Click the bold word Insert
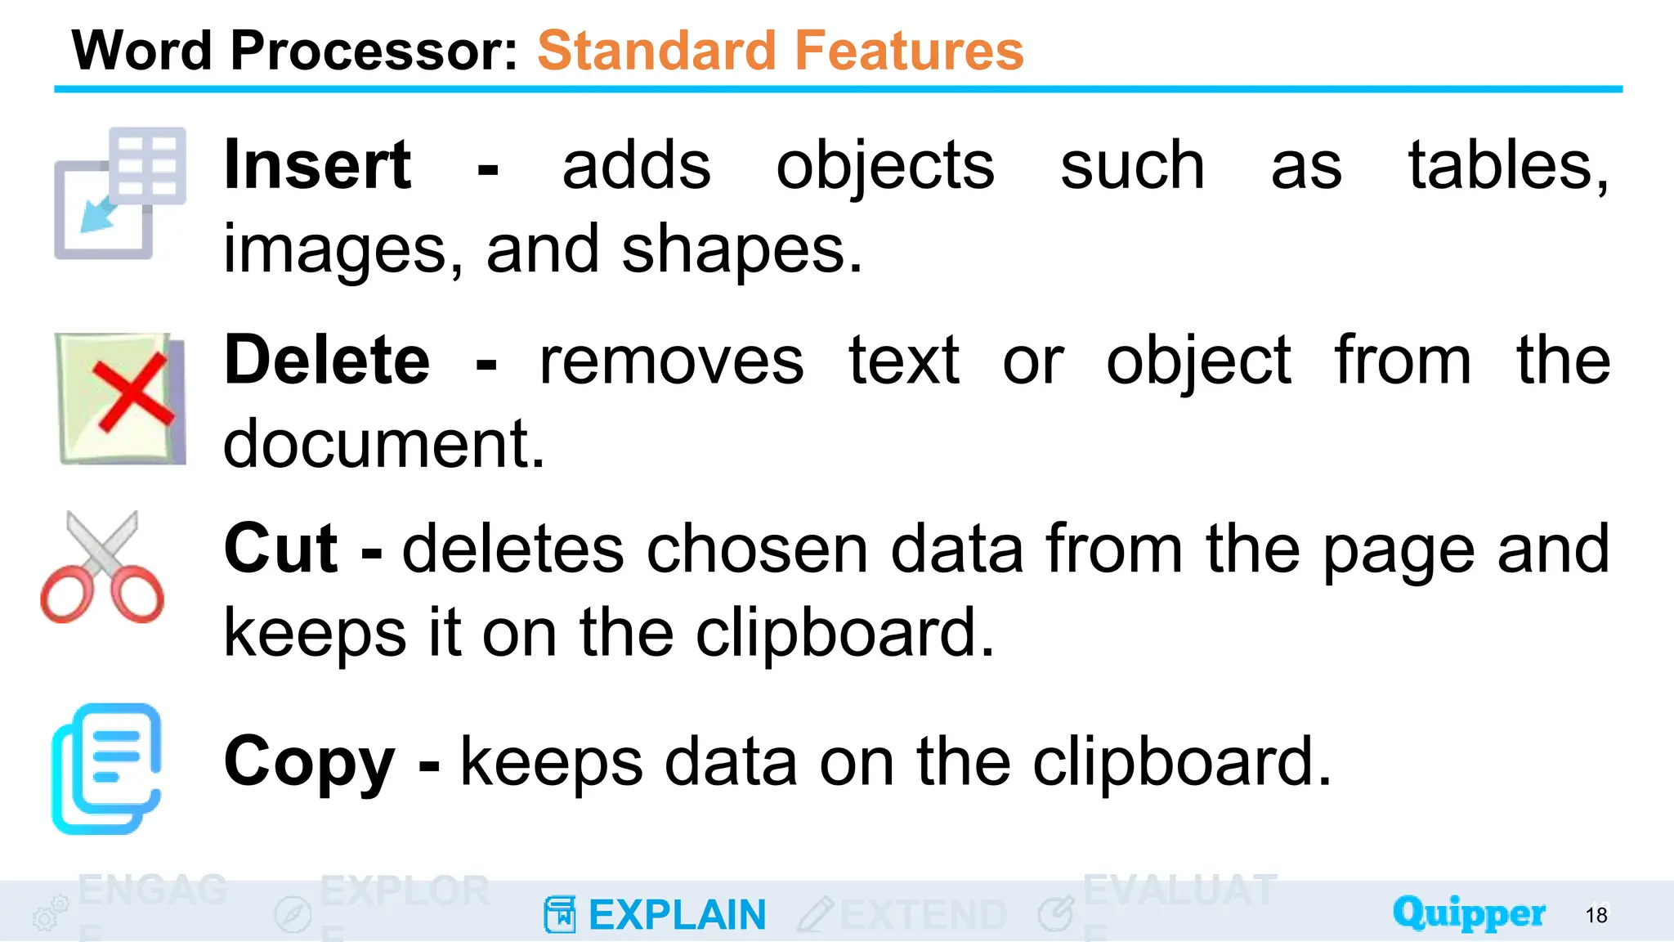317,166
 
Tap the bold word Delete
327,361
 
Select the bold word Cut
280,549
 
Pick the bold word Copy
309,761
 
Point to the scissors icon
102,567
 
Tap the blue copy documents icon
106,768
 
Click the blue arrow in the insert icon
98,214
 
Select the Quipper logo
1469,913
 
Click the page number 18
1596,915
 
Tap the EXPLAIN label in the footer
677,915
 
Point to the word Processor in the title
374,51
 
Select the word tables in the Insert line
1507,166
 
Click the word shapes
741,249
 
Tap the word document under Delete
383,444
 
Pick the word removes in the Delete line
671,361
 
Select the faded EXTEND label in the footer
923,915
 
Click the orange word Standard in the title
657,51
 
